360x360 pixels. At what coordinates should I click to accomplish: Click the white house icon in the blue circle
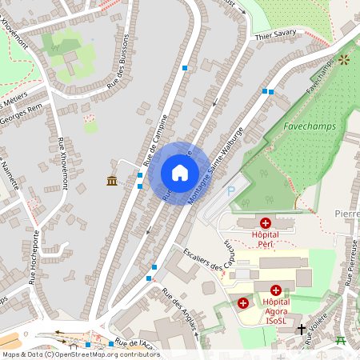180,173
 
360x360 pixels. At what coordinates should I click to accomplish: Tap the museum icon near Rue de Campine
112,181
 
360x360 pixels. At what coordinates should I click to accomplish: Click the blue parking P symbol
232,191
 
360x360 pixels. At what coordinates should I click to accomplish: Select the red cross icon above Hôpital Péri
266,223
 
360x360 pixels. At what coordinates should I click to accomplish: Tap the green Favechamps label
308,126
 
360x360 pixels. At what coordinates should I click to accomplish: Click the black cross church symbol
301,329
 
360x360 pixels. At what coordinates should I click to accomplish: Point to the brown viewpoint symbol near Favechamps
345,60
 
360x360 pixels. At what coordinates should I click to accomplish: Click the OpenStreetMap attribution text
81,354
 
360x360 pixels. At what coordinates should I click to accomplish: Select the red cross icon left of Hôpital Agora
243,303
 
